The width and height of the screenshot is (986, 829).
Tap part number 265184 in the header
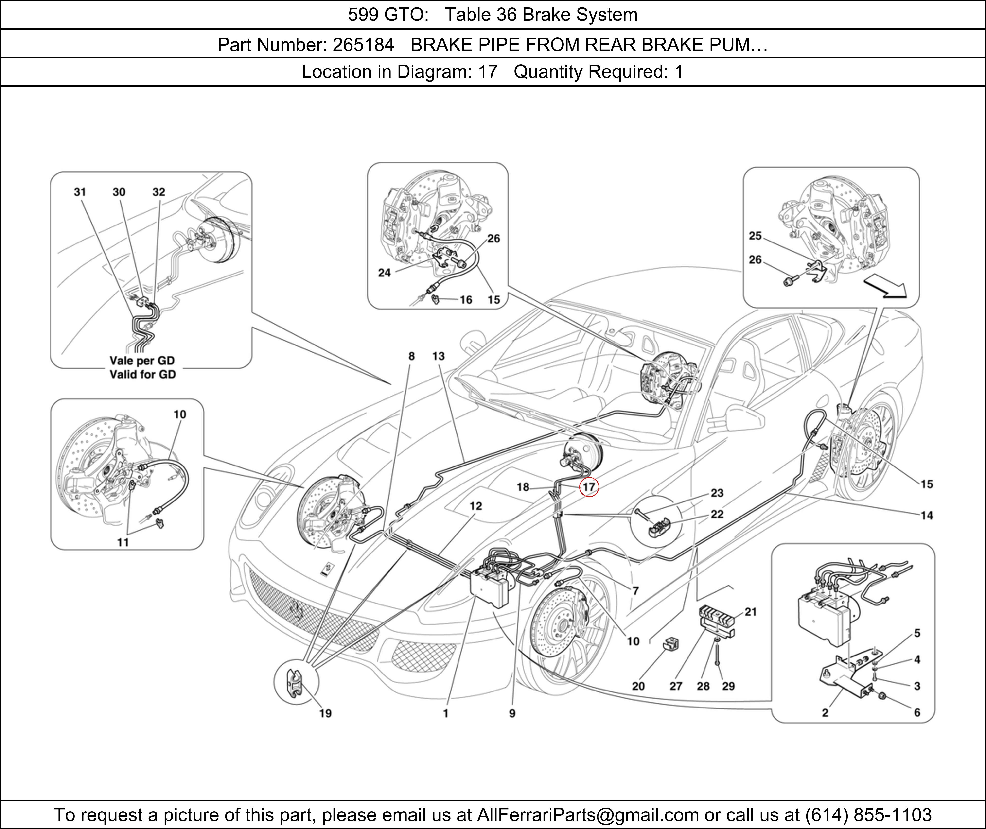click(x=363, y=45)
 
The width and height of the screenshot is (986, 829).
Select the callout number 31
click(x=80, y=192)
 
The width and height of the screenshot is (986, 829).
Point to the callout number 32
click(x=159, y=192)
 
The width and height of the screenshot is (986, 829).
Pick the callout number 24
click(x=385, y=273)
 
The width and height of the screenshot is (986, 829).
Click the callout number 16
click(x=466, y=300)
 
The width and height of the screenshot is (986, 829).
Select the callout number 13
click(x=439, y=356)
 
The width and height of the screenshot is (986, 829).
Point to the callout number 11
click(x=123, y=542)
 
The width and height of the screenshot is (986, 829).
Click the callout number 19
click(x=325, y=713)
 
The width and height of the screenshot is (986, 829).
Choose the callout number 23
click(x=717, y=493)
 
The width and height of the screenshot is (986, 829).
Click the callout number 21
click(x=751, y=612)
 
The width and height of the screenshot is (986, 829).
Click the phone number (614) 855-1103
click(x=868, y=814)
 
